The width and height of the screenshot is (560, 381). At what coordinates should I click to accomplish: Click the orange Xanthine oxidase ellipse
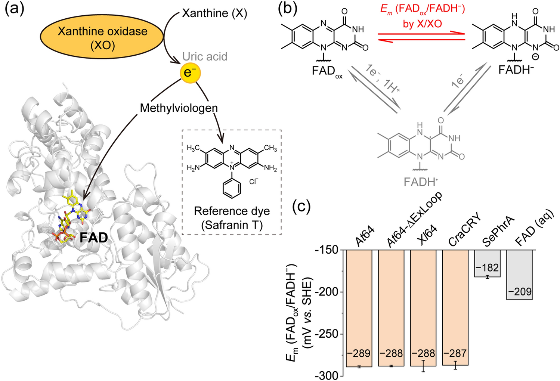[102, 38]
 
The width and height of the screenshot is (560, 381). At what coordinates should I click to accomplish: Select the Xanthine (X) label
[214, 14]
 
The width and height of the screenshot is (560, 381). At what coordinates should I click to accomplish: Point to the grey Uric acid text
[205, 56]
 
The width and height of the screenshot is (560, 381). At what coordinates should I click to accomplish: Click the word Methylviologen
[179, 108]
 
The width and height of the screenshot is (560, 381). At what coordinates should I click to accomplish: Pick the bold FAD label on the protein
[93, 238]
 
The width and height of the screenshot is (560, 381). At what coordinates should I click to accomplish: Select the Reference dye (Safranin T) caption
[232, 218]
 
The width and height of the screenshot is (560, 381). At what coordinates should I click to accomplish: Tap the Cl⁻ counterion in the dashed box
[254, 182]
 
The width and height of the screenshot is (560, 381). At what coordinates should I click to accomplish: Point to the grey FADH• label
[421, 182]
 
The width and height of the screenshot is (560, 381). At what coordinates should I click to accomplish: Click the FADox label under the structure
[327, 71]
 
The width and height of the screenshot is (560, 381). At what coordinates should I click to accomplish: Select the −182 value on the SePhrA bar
[487, 268]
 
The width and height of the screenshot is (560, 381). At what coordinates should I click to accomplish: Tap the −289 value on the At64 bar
[359, 353]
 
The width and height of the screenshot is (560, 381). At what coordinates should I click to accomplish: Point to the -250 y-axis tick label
[327, 334]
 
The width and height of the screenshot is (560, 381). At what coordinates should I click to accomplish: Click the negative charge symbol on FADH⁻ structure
[535, 57]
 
